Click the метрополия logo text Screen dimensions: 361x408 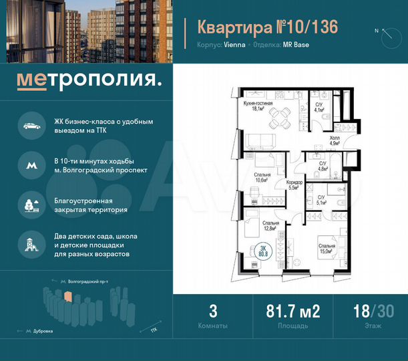89,81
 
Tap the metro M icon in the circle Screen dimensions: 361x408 30,165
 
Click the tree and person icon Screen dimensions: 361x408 30,204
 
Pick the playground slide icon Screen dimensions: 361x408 30,244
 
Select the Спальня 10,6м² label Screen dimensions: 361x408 262,176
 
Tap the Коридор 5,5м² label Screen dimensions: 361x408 295,185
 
